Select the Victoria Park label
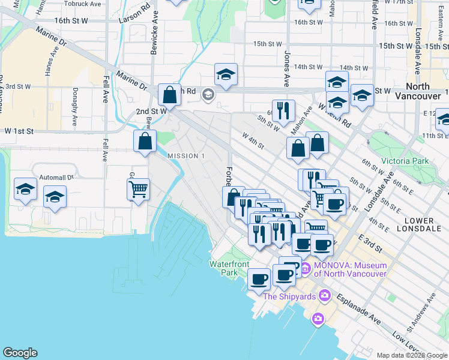coord(405,161)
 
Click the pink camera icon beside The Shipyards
coord(325,295)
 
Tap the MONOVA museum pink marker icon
coord(305,268)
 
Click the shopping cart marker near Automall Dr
coord(138,190)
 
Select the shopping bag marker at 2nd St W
coord(170,95)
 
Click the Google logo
coord(20,353)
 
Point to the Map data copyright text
coord(412,355)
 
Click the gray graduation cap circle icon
coord(208,94)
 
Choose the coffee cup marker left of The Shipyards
coord(259,279)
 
